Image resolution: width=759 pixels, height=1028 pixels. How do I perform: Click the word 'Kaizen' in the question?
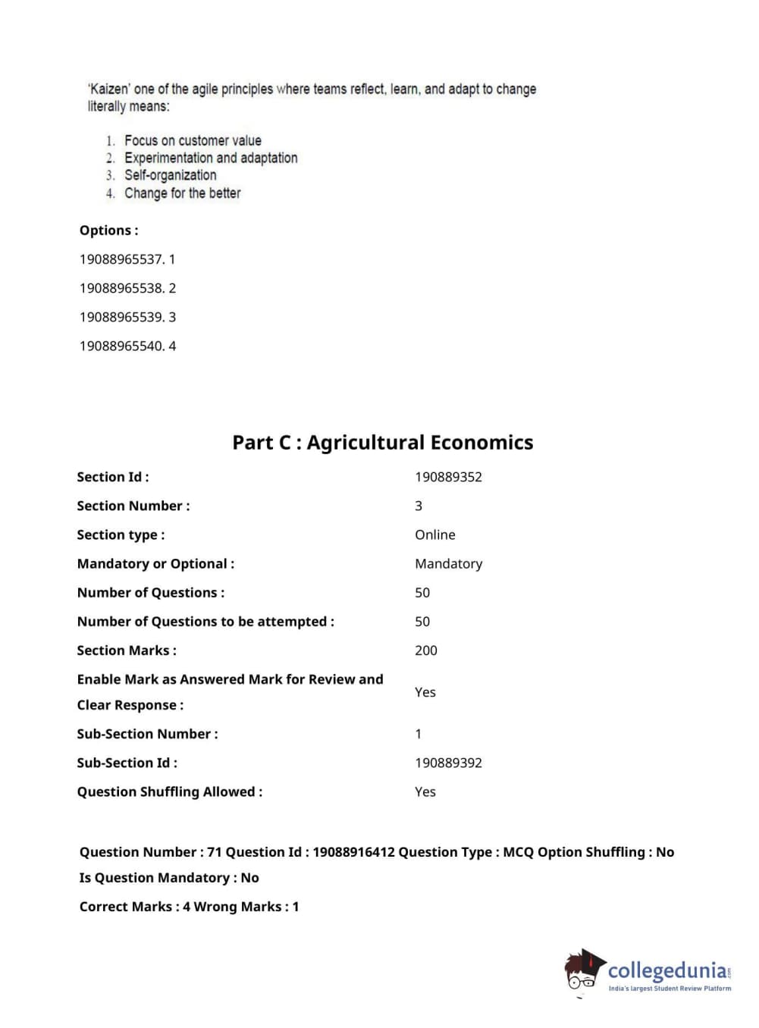coord(109,89)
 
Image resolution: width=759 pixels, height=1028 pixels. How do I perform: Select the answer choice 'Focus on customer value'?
coord(193,141)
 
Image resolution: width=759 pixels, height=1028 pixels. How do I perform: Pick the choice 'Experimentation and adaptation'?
coord(211,158)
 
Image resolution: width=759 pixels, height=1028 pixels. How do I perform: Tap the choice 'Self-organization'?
coord(170,176)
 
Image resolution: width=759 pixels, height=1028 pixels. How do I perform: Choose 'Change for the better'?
coord(182,193)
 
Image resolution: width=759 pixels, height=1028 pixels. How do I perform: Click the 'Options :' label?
coord(108,230)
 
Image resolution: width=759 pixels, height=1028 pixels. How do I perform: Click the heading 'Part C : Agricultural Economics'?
coord(382,443)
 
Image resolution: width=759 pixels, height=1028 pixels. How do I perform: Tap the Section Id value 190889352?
coord(448,477)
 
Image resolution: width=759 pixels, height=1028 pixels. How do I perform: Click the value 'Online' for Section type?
coord(434,534)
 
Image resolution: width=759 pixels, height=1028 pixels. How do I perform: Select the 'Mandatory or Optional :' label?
coord(155,563)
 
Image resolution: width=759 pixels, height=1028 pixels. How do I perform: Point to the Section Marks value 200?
coord(425,650)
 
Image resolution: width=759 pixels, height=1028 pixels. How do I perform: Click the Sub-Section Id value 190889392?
coord(448,763)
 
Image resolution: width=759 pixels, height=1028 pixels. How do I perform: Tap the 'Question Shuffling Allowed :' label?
coord(170,791)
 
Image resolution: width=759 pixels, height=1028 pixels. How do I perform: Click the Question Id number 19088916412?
coord(353,852)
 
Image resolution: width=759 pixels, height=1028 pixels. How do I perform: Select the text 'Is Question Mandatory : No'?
coord(169,878)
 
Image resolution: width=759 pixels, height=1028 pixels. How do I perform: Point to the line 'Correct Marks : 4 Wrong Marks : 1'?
coord(189,907)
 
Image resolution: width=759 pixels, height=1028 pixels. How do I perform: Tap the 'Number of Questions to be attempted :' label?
coord(205,622)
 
